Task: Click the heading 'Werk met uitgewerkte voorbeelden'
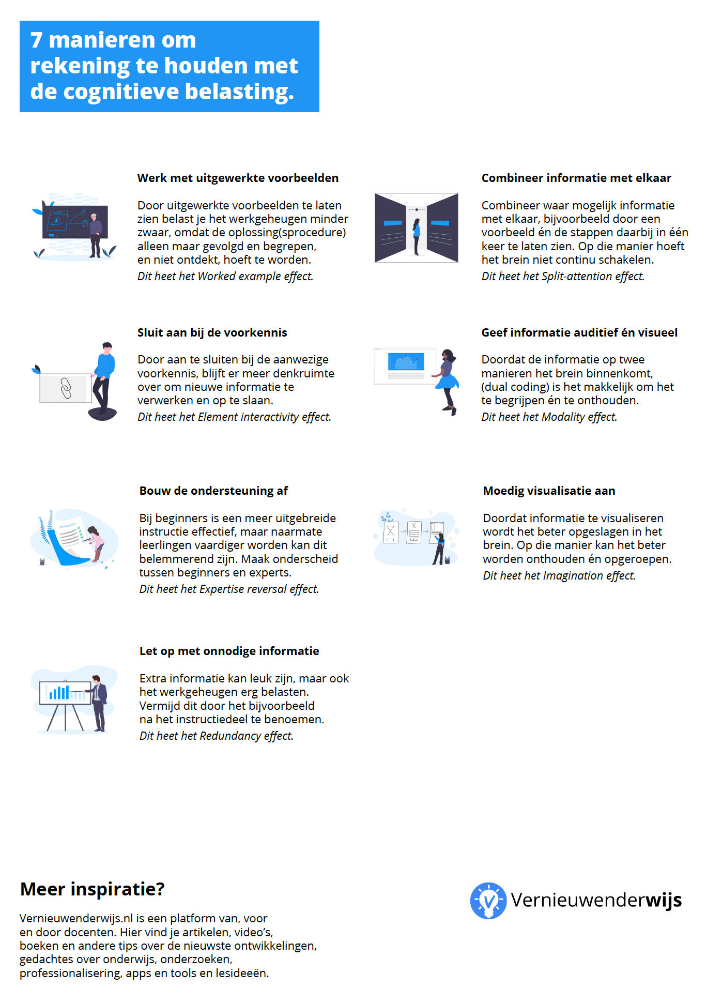[238, 178]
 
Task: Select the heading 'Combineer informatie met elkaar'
[576, 178]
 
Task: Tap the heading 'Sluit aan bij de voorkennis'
[212, 332]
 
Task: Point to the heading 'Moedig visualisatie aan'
[549, 491]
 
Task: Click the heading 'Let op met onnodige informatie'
[229, 651]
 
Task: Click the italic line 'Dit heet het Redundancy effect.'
[217, 736]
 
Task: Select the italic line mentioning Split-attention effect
[563, 276]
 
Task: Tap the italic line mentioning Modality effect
[549, 417]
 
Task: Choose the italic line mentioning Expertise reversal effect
[229, 589]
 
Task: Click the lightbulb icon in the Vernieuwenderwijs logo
[488, 901]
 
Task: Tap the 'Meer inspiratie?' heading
[92, 889]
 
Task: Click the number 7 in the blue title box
[36, 40]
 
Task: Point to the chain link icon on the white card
[66, 388]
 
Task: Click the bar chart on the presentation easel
[59, 693]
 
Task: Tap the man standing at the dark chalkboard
[95, 234]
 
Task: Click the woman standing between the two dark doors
[417, 235]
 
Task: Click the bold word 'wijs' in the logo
[663, 900]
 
